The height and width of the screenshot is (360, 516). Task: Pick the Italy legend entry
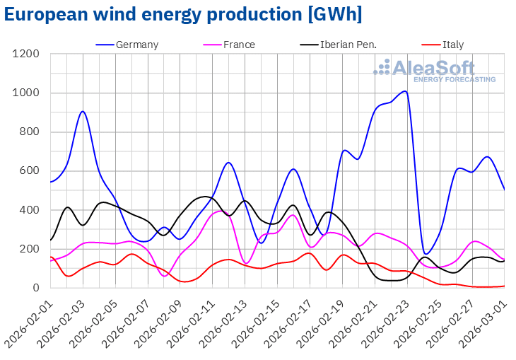pos(453,45)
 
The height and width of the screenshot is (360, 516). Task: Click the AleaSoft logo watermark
pos(435,71)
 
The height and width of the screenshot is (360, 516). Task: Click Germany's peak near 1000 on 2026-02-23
pos(404,91)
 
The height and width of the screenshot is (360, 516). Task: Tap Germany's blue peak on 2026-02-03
pos(83,111)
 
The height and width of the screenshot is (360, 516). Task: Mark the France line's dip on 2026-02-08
pos(165,276)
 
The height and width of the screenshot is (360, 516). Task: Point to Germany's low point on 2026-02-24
pos(425,254)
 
